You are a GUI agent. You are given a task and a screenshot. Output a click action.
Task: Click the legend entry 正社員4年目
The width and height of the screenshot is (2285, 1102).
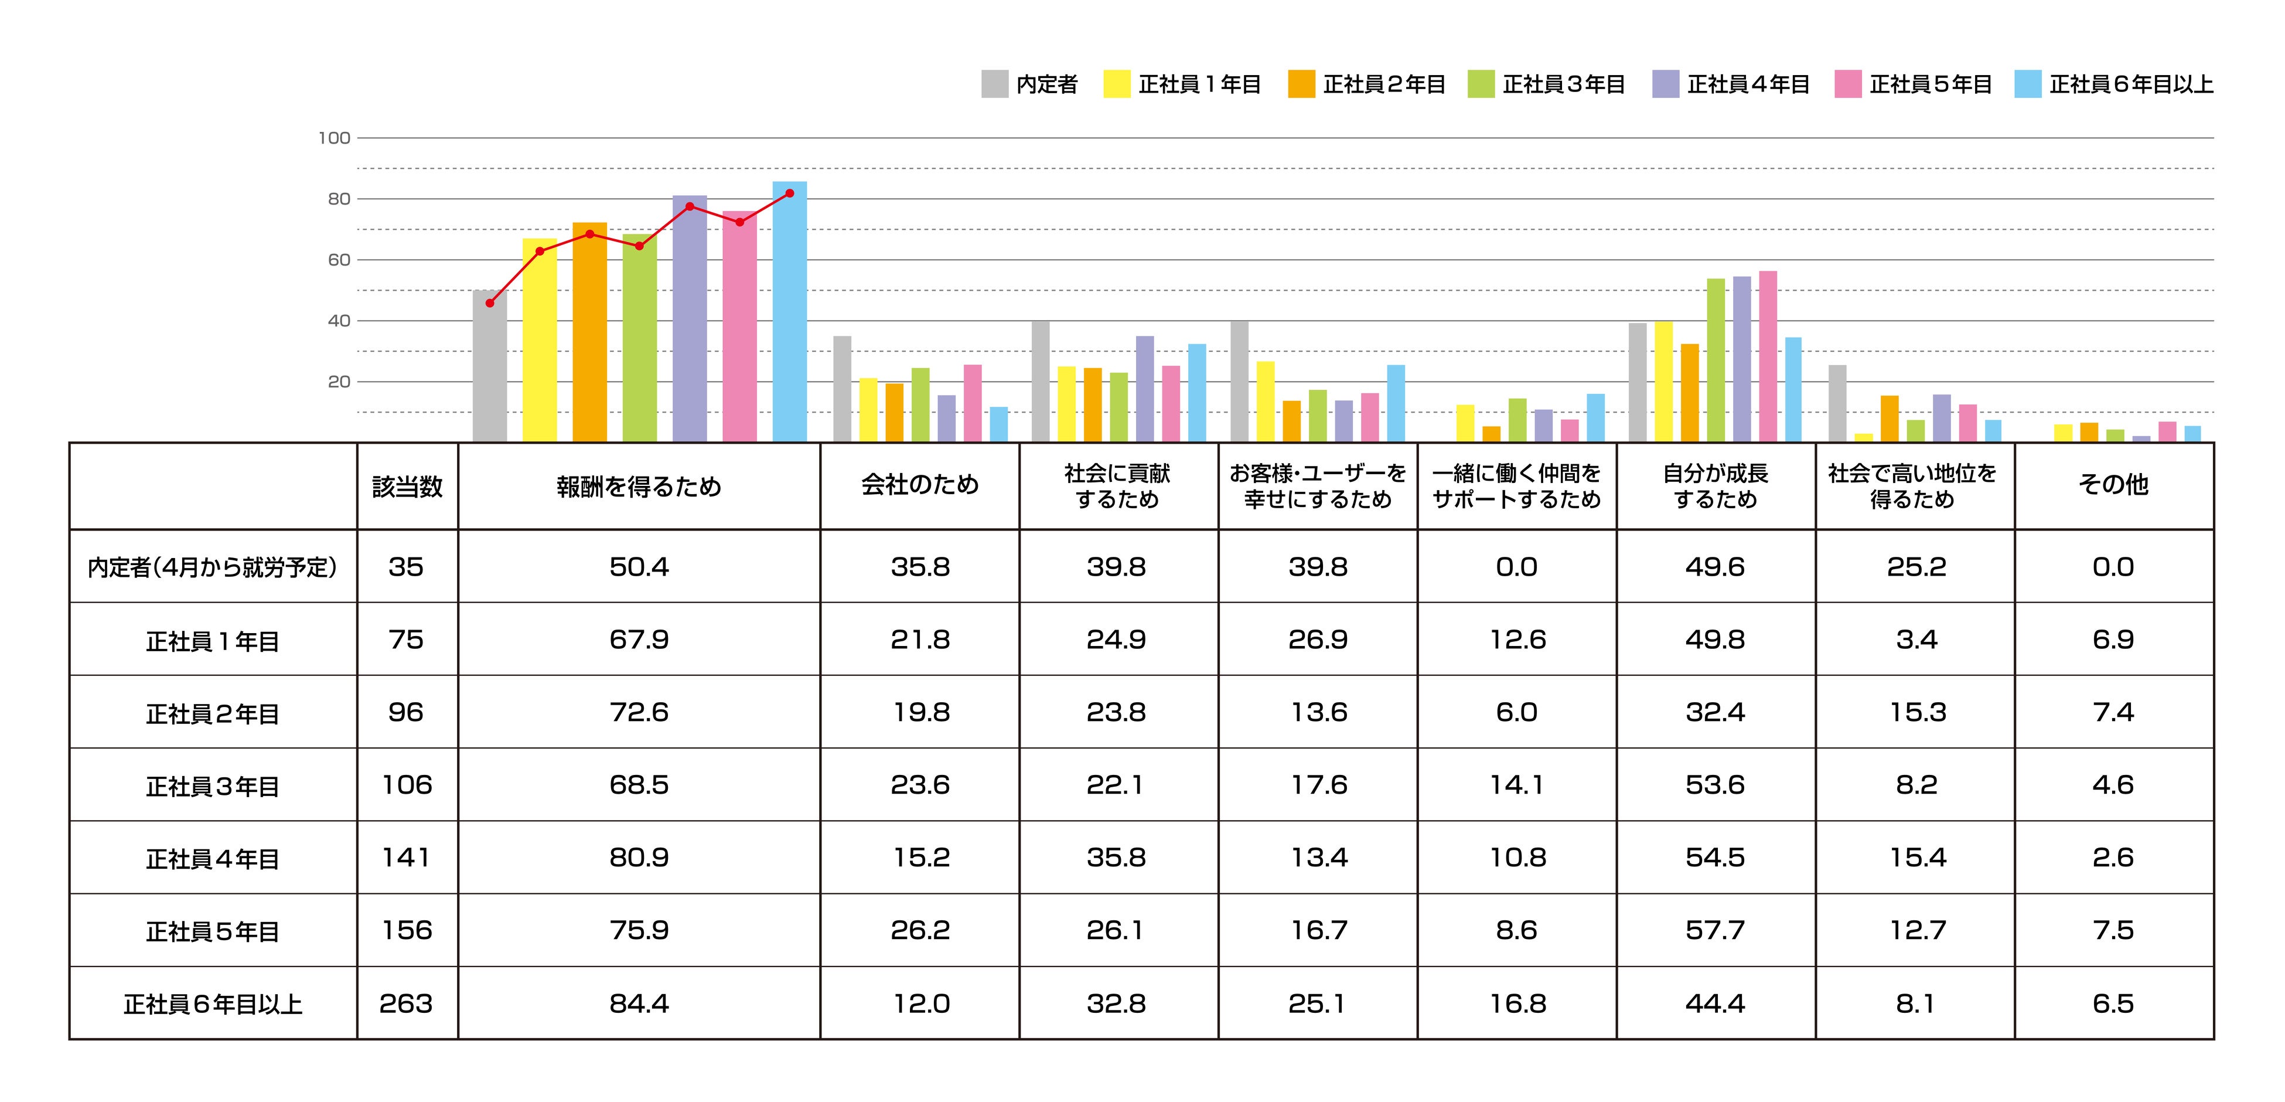1731,84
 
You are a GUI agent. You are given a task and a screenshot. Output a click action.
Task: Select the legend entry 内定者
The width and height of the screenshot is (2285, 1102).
1030,84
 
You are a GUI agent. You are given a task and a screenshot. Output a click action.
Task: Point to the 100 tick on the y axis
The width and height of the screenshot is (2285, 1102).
335,138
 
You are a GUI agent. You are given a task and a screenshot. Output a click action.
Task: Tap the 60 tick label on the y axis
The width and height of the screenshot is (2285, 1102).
339,260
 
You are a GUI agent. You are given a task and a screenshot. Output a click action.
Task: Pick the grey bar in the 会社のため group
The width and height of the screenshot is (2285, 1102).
842,389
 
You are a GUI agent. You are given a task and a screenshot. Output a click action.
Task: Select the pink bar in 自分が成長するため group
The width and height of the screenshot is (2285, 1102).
1768,357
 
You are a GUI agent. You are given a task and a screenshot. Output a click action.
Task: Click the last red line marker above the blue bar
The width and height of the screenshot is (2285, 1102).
789,193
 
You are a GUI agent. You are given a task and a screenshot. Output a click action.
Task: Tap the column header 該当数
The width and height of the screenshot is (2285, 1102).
407,487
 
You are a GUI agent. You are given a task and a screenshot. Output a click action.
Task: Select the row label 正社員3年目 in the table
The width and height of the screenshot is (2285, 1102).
213,786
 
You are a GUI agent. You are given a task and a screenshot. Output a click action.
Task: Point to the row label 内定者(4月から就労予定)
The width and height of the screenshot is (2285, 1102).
213,567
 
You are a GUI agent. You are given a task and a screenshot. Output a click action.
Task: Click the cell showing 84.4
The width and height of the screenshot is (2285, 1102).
639,1004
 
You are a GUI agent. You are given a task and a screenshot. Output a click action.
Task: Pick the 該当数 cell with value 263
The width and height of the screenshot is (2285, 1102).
406,1004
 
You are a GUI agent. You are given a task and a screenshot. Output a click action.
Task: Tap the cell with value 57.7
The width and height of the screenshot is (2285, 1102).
1715,931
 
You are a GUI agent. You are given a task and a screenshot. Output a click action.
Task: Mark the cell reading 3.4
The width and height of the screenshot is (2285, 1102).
1916,640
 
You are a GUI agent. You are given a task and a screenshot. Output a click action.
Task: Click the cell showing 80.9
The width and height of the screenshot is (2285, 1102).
639,858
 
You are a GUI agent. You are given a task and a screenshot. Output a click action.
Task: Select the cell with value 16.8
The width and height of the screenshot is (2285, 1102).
1517,1004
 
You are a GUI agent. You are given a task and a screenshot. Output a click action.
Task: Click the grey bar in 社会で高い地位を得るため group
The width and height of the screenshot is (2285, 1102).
1837,404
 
